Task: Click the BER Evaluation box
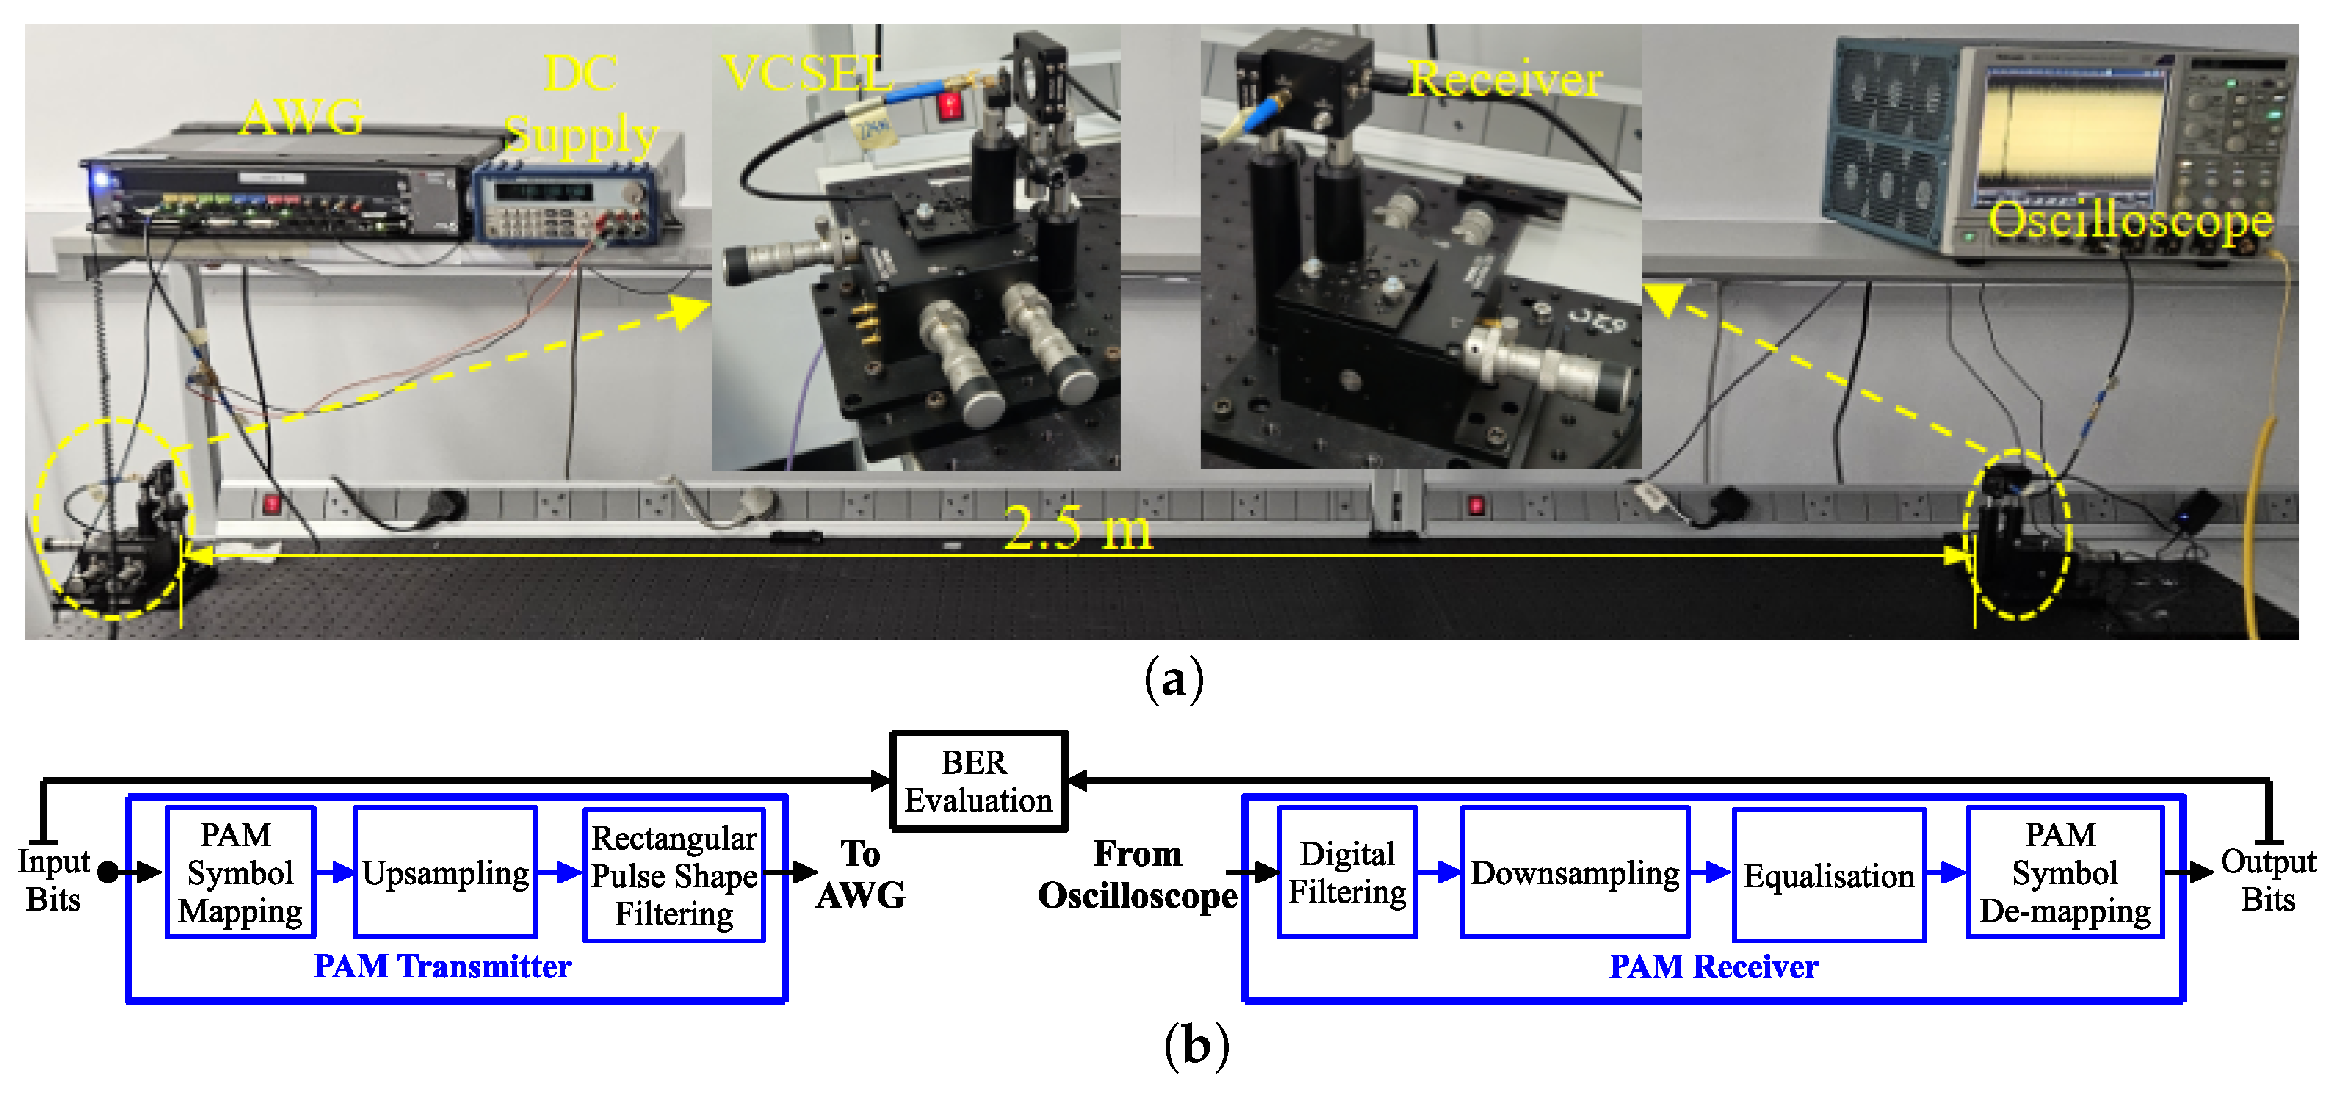tap(978, 781)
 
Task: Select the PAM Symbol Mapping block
tap(240, 872)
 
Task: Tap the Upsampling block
tap(445, 872)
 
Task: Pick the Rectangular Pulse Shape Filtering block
tap(674, 875)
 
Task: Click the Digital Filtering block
tap(1347, 872)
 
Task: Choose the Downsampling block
tap(1575, 872)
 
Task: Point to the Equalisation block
tap(1828, 875)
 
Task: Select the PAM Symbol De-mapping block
tap(2064, 872)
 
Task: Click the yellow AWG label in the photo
tap(303, 118)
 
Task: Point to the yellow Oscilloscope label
tap(2130, 220)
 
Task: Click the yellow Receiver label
tap(1506, 80)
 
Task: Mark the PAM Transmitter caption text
tap(442, 966)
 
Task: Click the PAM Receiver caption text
tap(1713, 966)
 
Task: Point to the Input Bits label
tap(53, 880)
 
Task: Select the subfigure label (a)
tap(1174, 679)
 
